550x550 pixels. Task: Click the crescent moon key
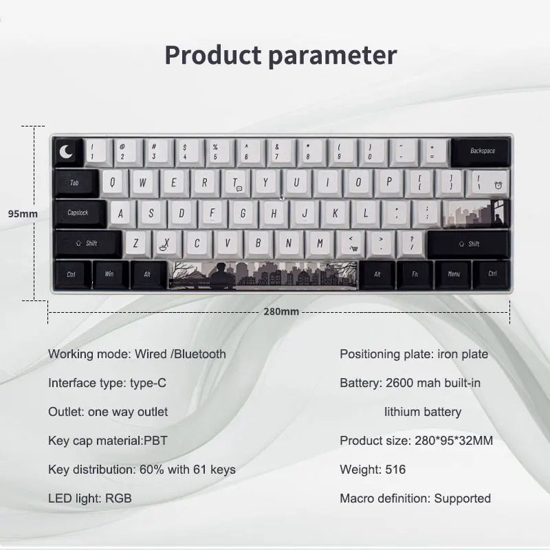click(67, 152)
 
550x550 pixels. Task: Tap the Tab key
click(76, 183)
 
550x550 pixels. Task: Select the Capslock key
click(80, 213)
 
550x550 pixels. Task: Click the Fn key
click(415, 274)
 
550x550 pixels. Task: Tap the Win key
click(110, 274)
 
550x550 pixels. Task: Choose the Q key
click(113, 182)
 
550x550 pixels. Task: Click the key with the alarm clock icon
click(487, 182)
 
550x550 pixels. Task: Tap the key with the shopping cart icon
click(352, 243)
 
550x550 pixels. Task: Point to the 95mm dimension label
click(23, 214)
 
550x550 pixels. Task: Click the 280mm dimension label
click(281, 311)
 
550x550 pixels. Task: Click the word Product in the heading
click(213, 56)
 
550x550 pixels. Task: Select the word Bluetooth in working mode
click(200, 354)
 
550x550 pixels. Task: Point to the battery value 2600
click(400, 383)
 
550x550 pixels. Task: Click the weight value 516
click(395, 470)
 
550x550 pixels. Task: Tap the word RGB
click(118, 498)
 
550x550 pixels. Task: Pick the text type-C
click(148, 383)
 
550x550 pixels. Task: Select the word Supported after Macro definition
click(462, 498)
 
